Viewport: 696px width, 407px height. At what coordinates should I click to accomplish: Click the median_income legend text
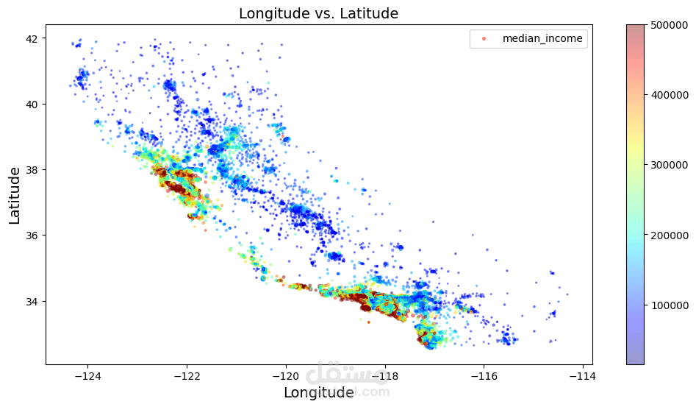(542, 38)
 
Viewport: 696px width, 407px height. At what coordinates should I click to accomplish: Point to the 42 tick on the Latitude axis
(32, 38)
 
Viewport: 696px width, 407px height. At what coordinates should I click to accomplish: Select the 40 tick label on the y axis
(32, 104)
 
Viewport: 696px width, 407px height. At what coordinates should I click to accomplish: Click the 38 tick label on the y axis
(32, 169)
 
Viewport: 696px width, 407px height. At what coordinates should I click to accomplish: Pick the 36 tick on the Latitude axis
(32, 236)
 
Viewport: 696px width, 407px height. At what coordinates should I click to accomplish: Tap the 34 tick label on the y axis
(32, 301)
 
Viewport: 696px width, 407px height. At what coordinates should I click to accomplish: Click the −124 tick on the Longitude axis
(87, 376)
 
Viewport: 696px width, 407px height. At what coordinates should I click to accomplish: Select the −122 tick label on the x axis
(187, 376)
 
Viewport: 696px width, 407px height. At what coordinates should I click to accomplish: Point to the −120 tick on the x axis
(285, 376)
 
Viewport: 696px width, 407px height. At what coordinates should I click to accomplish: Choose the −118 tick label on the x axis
(384, 376)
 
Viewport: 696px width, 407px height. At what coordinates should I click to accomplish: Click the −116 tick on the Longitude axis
(484, 376)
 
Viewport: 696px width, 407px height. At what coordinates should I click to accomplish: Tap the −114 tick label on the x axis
(583, 376)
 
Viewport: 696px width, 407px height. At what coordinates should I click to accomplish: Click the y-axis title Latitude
(15, 195)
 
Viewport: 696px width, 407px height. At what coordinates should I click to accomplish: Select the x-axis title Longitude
(319, 393)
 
